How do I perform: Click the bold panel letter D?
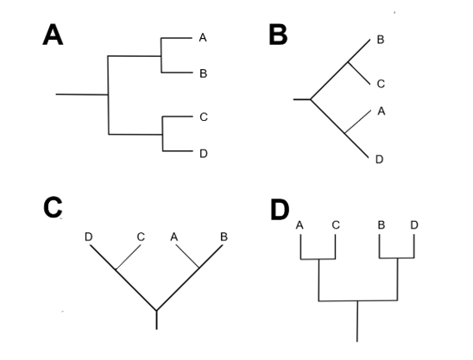click(x=281, y=210)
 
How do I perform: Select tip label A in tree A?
click(x=203, y=38)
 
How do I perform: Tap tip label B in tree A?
click(x=203, y=74)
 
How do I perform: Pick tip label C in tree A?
click(x=203, y=117)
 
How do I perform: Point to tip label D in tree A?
click(x=203, y=154)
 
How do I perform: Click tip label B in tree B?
click(x=381, y=41)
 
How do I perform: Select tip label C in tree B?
click(x=381, y=84)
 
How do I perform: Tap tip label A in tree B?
click(x=381, y=111)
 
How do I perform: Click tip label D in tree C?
click(x=89, y=237)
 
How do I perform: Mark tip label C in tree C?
click(x=140, y=237)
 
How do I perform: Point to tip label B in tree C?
click(x=224, y=237)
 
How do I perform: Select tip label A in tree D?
click(x=300, y=225)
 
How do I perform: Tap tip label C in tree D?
click(x=336, y=225)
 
